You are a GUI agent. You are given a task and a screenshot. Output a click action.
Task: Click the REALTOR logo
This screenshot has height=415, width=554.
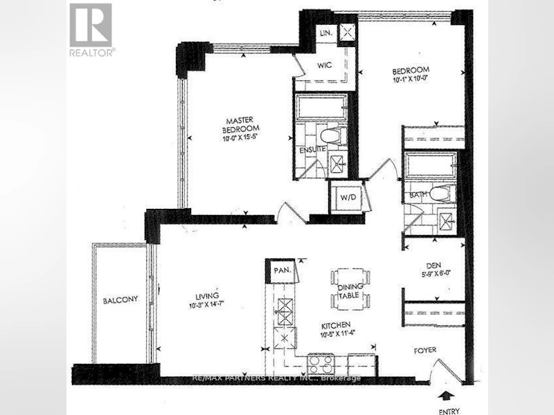91,30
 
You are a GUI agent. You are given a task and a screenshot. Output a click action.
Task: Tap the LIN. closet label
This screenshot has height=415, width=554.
326,33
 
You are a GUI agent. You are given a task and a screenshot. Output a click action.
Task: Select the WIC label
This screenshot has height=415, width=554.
324,65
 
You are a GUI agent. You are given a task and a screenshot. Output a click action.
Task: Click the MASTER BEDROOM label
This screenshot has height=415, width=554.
240,125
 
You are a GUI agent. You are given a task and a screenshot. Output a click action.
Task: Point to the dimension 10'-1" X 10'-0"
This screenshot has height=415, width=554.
410,79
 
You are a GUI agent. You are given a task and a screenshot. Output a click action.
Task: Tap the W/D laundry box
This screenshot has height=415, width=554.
348,197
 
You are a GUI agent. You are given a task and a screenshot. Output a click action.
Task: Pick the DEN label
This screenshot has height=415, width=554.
434,266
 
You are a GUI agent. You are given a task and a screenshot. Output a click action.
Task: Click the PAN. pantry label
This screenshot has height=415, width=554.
283,270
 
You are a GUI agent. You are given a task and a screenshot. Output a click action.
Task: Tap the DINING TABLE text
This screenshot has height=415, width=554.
350,291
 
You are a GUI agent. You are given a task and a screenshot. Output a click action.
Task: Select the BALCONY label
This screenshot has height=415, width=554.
120,300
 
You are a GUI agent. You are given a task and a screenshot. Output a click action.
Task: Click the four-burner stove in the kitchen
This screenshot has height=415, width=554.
321,364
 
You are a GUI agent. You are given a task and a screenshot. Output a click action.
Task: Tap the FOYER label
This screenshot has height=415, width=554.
425,350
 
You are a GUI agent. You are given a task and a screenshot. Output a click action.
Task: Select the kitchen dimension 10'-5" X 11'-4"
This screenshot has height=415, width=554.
337,334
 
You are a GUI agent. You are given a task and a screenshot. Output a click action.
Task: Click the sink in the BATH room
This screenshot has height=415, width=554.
447,221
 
